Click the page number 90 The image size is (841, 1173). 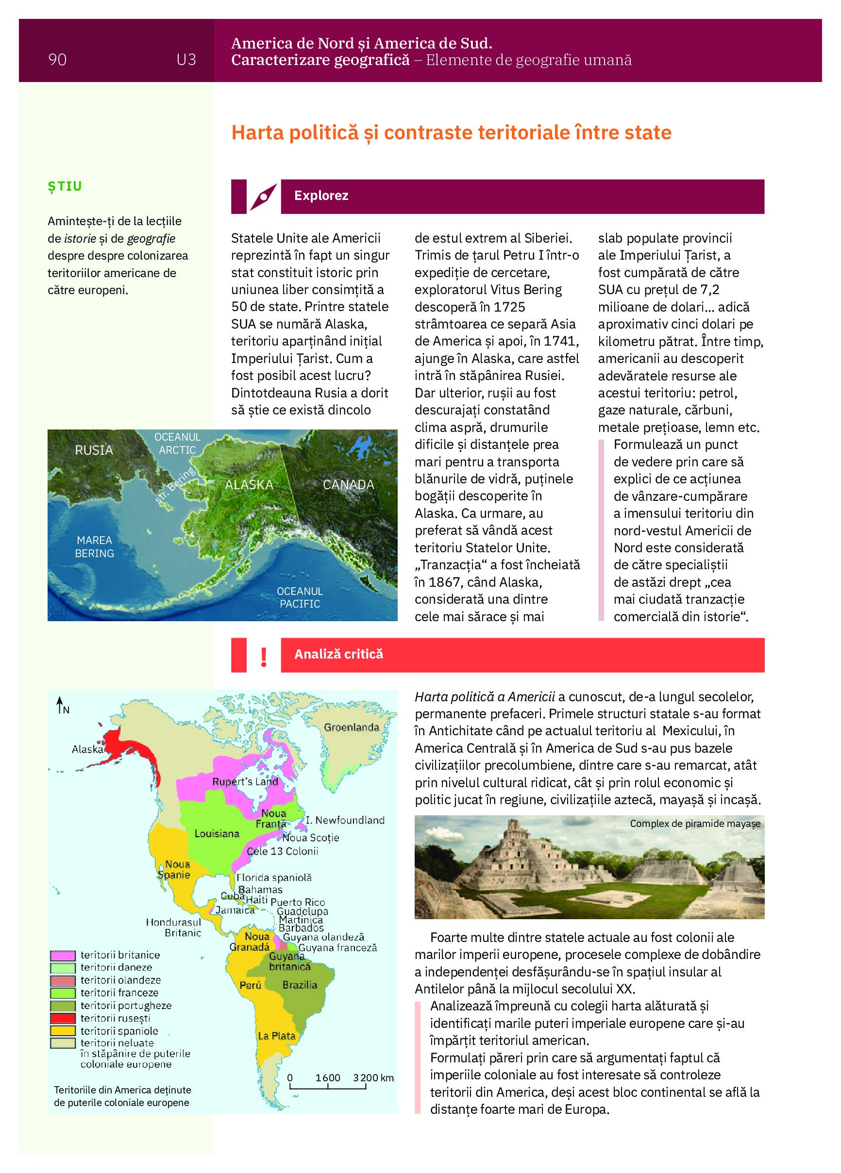[x=57, y=60]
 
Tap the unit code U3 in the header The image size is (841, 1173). [x=186, y=60]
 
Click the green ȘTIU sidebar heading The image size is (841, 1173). [x=65, y=186]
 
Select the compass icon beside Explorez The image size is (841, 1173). [x=264, y=197]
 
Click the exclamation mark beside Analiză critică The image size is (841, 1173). [x=264, y=656]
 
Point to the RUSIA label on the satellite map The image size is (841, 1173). [x=94, y=450]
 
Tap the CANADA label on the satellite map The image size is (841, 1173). [x=348, y=485]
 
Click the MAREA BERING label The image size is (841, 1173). [x=94, y=546]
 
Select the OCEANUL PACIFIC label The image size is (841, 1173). [x=299, y=597]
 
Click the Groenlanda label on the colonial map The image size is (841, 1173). [x=352, y=727]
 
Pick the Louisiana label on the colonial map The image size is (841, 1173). [x=217, y=833]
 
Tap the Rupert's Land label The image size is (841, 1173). [x=245, y=781]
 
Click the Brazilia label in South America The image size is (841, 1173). [x=300, y=985]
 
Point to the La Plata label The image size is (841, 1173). [x=276, y=1036]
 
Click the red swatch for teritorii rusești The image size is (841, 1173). [x=63, y=1018]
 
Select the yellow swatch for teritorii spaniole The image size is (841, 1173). [x=63, y=1031]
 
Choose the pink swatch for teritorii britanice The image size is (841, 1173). [x=63, y=955]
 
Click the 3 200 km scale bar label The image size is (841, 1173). [x=373, y=1078]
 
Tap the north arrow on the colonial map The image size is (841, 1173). [x=61, y=704]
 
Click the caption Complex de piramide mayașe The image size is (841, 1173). [x=694, y=824]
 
